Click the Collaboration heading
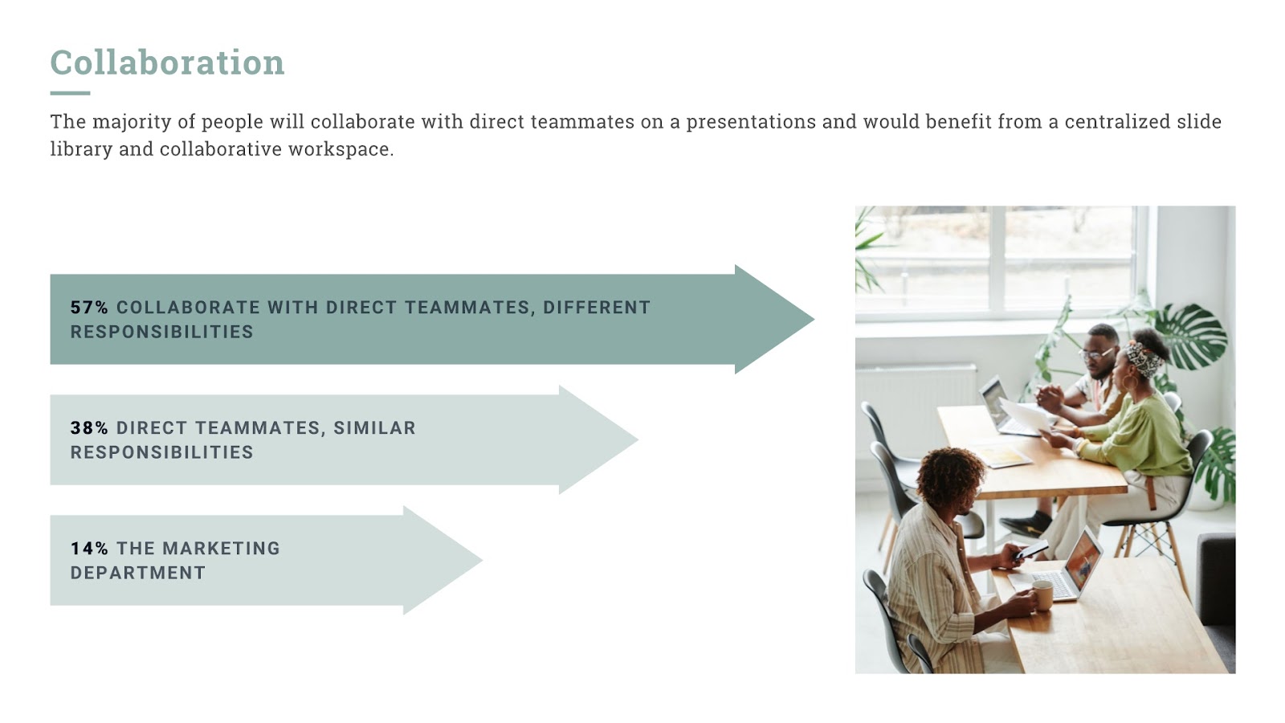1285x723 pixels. [x=167, y=62]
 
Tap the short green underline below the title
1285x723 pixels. [x=70, y=93]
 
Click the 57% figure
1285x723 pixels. [x=89, y=308]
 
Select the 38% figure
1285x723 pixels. [x=89, y=428]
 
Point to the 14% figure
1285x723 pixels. [x=89, y=549]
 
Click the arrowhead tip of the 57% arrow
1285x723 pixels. [x=814, y=319]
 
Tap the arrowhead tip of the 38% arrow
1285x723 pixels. [x=638, y=439]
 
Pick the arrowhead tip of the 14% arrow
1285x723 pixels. [x=482, y=560]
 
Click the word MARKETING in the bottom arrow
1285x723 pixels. [x=222, y=549]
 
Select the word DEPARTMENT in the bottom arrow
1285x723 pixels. [x=137, y=574]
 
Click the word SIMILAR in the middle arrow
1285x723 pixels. [x=374, y=428]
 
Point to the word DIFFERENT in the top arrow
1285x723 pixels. [x=597, y=308]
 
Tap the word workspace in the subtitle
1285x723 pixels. [x=341, y=149]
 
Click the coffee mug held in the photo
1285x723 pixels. [x=1042, y=594]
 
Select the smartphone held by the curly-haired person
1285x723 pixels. [x=1031, y=549]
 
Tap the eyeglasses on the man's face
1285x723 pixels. [x=1095, y=353]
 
